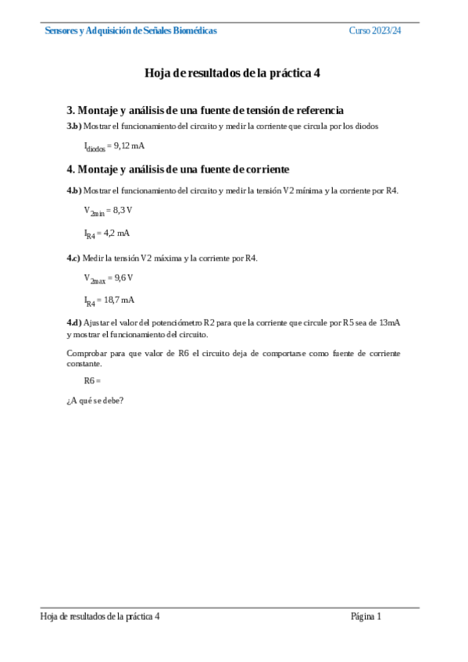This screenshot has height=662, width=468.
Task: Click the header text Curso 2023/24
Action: click(374, 30)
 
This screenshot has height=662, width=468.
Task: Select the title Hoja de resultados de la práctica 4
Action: click(233, 73)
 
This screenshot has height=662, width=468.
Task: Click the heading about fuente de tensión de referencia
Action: click(205, 111)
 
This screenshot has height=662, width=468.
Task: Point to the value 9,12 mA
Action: click(129, 146)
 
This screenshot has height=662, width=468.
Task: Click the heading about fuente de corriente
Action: click(178, 169)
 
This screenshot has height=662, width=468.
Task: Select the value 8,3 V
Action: click(123, 210)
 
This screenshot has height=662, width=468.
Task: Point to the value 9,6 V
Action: click(123, 277)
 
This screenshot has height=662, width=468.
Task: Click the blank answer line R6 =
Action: click(93, 380)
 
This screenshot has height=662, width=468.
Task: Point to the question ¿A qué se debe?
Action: click(95, 401)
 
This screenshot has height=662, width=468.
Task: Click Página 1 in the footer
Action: click(366, 617)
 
